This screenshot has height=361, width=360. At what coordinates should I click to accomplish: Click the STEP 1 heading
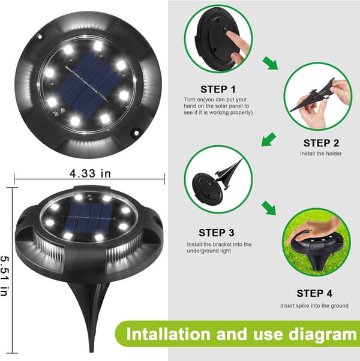point(218,89)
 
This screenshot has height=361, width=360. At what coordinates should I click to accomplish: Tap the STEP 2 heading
point(321,143)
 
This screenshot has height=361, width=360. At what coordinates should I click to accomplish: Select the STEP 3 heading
point(216,233)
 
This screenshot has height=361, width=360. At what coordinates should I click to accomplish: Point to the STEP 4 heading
point(314,293)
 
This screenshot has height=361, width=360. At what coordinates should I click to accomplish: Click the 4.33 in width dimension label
point(90,173)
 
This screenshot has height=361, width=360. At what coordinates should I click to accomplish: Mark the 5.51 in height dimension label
point(5,276)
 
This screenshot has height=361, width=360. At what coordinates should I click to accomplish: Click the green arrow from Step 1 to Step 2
point(270,63)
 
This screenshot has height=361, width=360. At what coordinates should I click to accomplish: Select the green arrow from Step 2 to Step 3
point(269,139)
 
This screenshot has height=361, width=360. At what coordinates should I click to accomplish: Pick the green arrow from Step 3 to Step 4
point(269,208)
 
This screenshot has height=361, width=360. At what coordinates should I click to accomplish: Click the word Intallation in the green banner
point(168,334)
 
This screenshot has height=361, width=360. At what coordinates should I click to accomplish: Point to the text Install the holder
point(321,154)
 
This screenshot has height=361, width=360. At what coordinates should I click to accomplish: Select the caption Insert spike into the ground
point(314,306)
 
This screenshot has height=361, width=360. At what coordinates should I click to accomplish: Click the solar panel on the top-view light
point(89,85)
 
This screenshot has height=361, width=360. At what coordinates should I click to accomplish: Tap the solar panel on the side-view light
point(89,218)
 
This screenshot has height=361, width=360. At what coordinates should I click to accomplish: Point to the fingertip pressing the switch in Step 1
point(228,34)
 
